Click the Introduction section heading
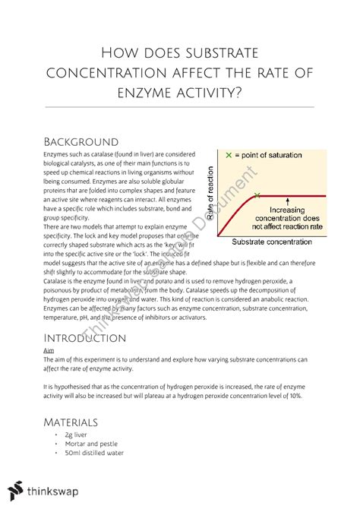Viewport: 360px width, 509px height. click(85, 337)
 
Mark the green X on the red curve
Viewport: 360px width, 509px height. click(257, 195)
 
